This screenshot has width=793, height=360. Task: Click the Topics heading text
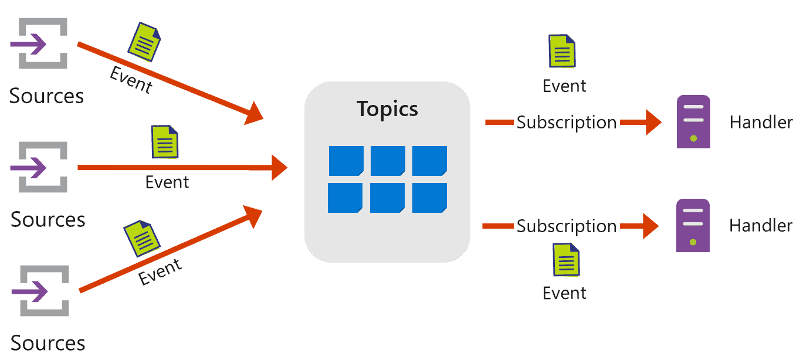[x=387, y=109]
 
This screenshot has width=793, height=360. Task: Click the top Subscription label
[x=567, y=123]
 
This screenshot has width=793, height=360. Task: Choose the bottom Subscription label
[x=567, y=226]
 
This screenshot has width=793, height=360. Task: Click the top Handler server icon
[x=693, y=122]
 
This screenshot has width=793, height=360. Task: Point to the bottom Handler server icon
[x=693, y=226]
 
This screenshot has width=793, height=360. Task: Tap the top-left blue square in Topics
[x=346, y=161]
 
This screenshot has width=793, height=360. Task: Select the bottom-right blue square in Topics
[x=429, y=198]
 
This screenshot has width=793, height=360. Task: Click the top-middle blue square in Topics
[x=388, y=161]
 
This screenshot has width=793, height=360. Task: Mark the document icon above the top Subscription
[x=562, y=51]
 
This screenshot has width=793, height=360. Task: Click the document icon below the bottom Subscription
[x=566, y=260]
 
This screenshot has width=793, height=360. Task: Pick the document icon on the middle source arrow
[x=165, y=142]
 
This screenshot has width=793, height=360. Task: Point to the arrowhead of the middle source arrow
[x=278, y=168]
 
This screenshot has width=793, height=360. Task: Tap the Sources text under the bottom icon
[x=48, y=343]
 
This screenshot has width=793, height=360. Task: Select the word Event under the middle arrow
[x=167, y=182]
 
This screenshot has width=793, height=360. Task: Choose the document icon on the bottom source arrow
[x=142, y=238]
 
